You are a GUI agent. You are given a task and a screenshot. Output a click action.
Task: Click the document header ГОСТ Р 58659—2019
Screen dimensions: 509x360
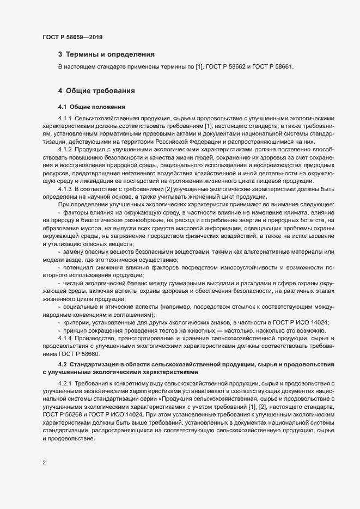tap(72, 38)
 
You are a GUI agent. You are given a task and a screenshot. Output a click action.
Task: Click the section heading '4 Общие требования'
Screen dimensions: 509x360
tap(97, 90)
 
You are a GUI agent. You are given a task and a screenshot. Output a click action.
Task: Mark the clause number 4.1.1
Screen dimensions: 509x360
tap(65, 118)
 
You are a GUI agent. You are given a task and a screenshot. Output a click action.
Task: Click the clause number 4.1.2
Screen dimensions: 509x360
tap(65, 149)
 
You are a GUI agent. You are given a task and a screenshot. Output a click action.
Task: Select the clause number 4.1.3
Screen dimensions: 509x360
tap(65, 188)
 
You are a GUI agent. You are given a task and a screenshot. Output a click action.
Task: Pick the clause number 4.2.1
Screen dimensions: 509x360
tap(65, 384)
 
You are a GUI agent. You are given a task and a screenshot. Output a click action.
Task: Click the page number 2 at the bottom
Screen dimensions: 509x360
tap(44, 463)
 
